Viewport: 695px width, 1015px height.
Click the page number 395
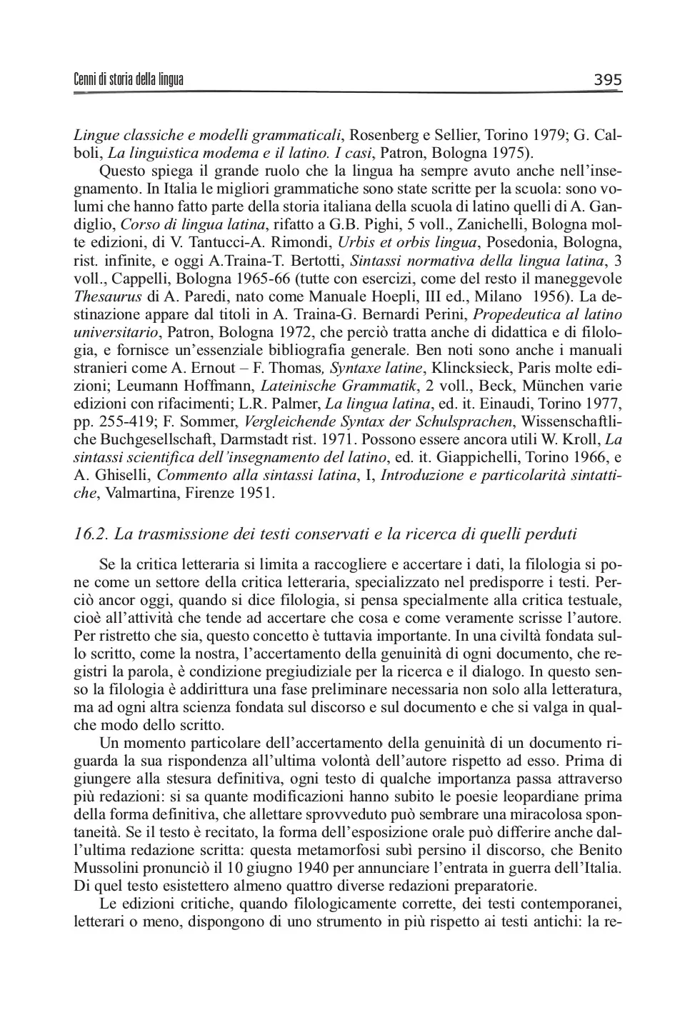click(608, 79)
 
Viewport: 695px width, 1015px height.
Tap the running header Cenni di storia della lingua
click(129, 79)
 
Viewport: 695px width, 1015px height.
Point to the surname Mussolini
click(108, 869)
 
